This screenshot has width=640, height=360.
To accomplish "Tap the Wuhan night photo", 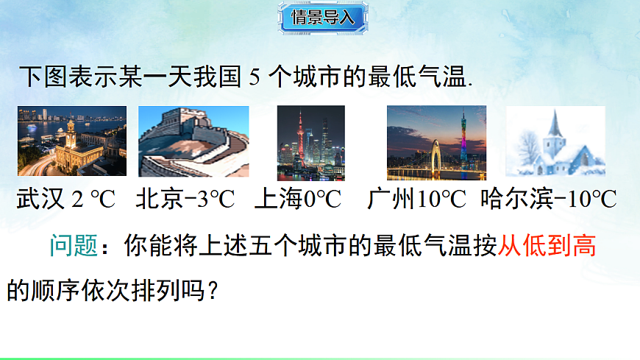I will point(72,141).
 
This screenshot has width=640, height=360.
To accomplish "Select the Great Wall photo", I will point(193,141).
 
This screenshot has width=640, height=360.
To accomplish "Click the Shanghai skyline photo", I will point(311,143).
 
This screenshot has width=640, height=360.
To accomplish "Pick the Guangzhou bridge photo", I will point(436,143).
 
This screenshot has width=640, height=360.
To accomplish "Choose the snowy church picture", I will point(555,141).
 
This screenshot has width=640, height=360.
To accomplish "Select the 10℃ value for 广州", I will point(442,200).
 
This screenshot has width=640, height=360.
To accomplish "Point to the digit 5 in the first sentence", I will point(255,77).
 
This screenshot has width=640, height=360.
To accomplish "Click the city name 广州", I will point(391,200).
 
